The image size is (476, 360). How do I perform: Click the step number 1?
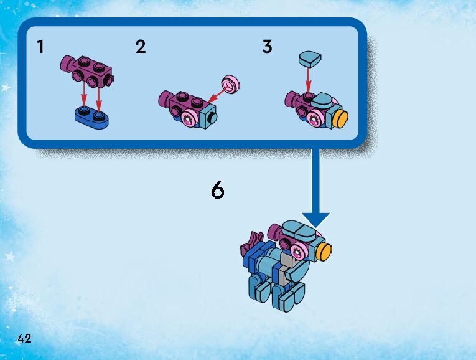point(40,47)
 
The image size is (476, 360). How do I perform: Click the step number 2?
point(141,47)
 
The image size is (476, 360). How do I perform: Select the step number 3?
point(267,47)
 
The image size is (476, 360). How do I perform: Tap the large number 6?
point(217,190)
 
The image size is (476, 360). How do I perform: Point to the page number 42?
point(25,339)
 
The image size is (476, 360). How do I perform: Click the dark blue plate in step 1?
point(91,115)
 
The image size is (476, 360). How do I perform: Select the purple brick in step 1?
point(88,70)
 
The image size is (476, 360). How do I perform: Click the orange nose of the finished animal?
point(324,252)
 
